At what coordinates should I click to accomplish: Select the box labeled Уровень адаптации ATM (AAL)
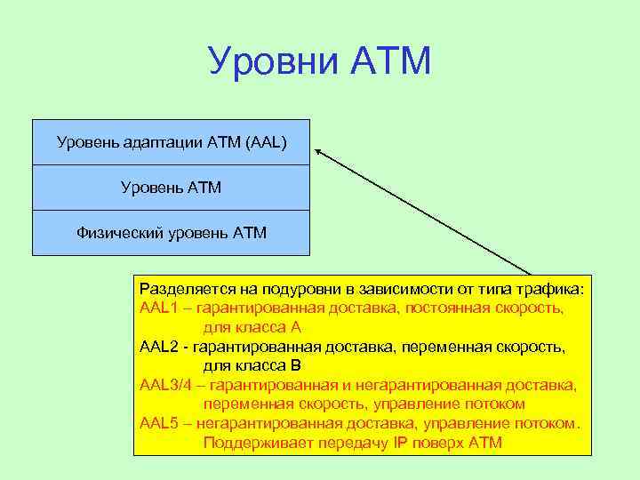[171, 142]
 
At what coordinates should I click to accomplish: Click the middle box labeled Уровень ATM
[171, 188]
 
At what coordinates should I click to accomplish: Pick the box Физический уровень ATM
[171, 233]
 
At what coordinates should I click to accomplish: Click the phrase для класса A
[252, 327]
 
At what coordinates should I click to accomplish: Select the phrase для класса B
[252, 365]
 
